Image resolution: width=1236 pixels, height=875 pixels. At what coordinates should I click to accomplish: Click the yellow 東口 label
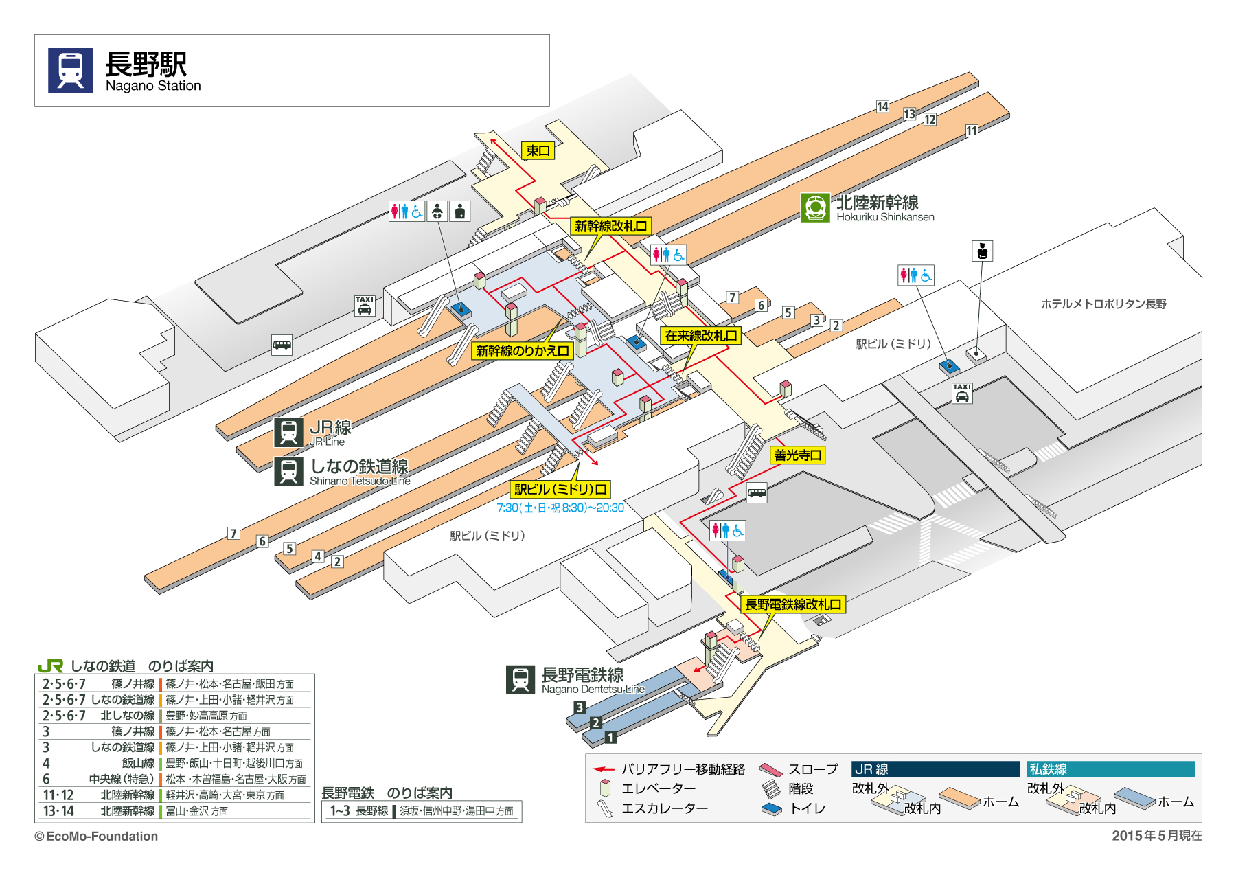[538, 150]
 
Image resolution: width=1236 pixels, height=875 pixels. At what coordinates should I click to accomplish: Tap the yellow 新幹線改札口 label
[610, 226]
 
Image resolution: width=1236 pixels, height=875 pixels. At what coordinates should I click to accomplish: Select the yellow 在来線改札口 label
[700, 336]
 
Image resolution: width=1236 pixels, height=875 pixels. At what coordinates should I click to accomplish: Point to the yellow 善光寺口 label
[797, 455]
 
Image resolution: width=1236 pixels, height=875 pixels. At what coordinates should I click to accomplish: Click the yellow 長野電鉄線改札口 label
[793, 604]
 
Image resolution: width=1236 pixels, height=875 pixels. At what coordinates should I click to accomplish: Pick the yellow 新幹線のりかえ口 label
[523, 351]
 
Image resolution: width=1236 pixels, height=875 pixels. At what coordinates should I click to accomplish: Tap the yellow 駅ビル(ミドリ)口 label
[560, 490]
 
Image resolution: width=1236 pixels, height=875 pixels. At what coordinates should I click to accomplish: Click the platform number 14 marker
[882, 106]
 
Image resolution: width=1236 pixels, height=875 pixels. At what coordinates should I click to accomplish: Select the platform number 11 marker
[972, 130]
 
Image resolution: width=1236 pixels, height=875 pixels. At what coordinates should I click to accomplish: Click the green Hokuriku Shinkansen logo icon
[815, 207]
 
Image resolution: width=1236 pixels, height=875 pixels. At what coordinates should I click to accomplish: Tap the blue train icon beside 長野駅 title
[70, 70]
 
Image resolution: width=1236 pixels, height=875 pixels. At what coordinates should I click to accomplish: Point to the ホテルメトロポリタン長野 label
[1103, 304]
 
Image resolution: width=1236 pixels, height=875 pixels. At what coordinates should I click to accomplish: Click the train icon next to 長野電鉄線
[520, 680]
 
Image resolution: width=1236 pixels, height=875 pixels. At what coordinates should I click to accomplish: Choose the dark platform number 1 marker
[610, 738]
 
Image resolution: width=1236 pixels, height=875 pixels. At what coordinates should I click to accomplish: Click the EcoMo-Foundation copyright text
[97, 836]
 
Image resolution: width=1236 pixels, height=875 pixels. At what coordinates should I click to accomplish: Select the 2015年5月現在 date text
[1156, 835]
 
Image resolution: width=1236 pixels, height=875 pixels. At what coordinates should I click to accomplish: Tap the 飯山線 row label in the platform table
[138, 763]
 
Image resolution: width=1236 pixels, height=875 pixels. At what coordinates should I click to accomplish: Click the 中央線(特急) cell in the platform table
[122, 779]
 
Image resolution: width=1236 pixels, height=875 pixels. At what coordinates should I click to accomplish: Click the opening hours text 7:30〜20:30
[560, 508]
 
